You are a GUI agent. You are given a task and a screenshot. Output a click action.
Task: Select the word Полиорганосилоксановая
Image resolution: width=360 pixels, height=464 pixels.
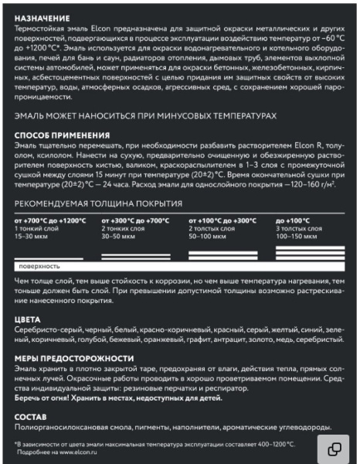click(54, 428)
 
